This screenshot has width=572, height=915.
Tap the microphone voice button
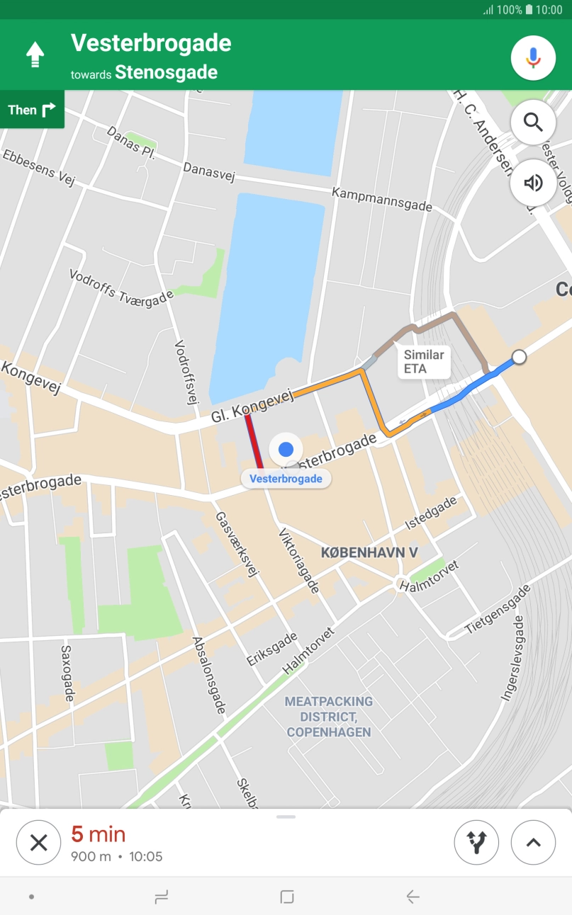point(533,57)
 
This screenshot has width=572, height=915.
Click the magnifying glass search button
point(533,123)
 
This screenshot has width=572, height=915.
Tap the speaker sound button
point(533,183)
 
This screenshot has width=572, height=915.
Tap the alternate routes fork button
point(476,842)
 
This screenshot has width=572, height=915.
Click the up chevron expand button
point(533,842)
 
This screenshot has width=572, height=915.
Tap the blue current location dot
point(286,449)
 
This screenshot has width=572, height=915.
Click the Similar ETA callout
point(424,362)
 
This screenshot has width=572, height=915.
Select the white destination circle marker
point(519,357)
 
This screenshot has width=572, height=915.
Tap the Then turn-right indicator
point(32,110)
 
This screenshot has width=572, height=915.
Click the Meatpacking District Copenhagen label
point(329,717)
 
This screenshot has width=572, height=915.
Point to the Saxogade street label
point(67,673)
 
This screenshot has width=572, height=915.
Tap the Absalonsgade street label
point(209,676)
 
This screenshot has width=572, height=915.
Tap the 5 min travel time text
point(98,834)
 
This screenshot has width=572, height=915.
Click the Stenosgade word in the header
point(166,72)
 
